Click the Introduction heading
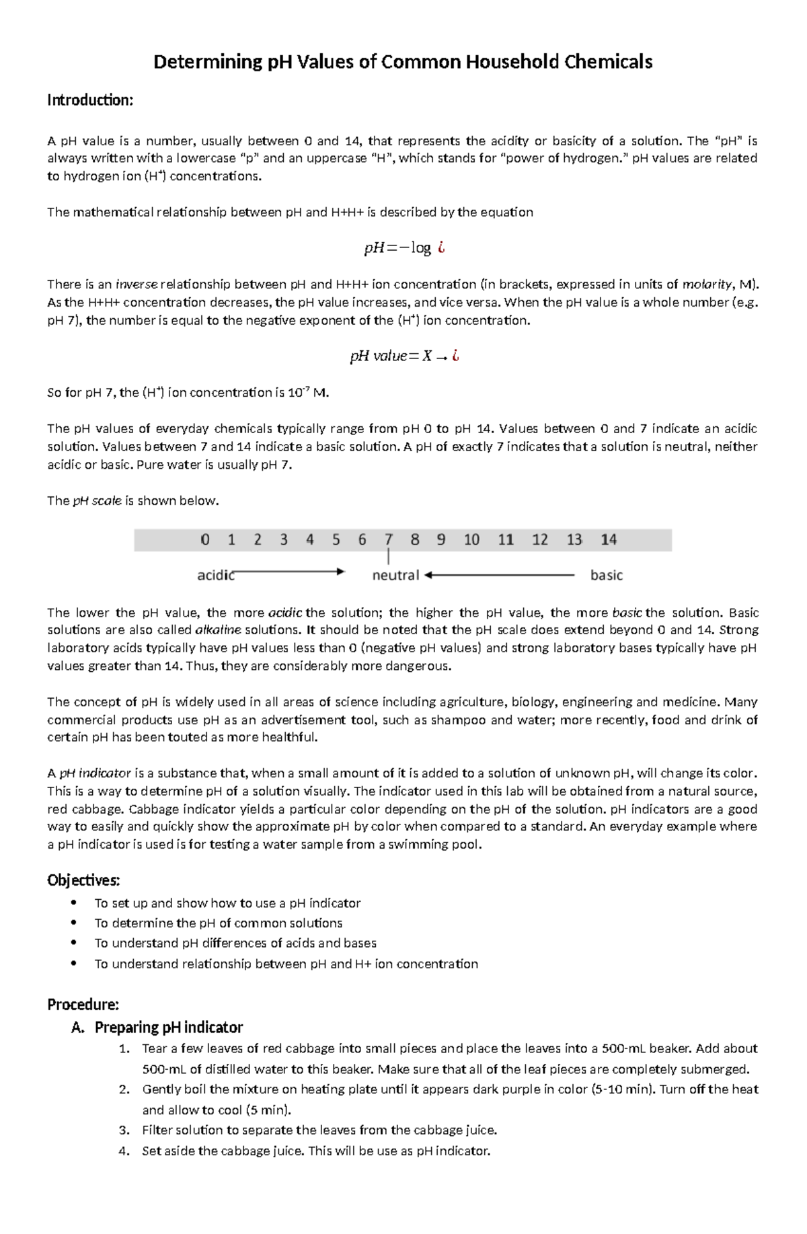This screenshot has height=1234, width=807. pyautogui.click(x=90, y=100)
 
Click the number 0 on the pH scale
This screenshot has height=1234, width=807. pyautogui.click(x=205, y=539)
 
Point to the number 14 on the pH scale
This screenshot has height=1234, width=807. pyautogui.click(x=609, y=539)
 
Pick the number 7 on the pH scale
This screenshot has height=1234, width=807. pyautogui.click(x=388, y=539)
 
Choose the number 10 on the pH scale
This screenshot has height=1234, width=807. pyautogui.click(x=471, y=539)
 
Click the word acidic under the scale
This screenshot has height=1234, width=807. pyautogui.click(x=215, y=575)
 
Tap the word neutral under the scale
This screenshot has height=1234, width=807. pyautogui.click(x=395, y=575)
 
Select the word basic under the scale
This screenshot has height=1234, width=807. pyautogui.click(x=606, y=575)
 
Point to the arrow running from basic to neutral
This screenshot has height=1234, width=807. pyautogui.click(x=499, y=575)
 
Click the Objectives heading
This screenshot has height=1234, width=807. pyautogui.click(x=83, y=880)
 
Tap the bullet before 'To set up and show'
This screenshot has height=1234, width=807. pyautogui.click(x=73, y=902)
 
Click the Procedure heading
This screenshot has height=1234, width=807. pyautogui.click(x=83, y=1004)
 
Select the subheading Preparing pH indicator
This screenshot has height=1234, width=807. pyautogui.click(x=168, y=1027)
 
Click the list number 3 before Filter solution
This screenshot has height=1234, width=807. pyautogui.click(x=124, y=1130)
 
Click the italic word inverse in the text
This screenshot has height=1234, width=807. pyautogui.click(x=137, y=284)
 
